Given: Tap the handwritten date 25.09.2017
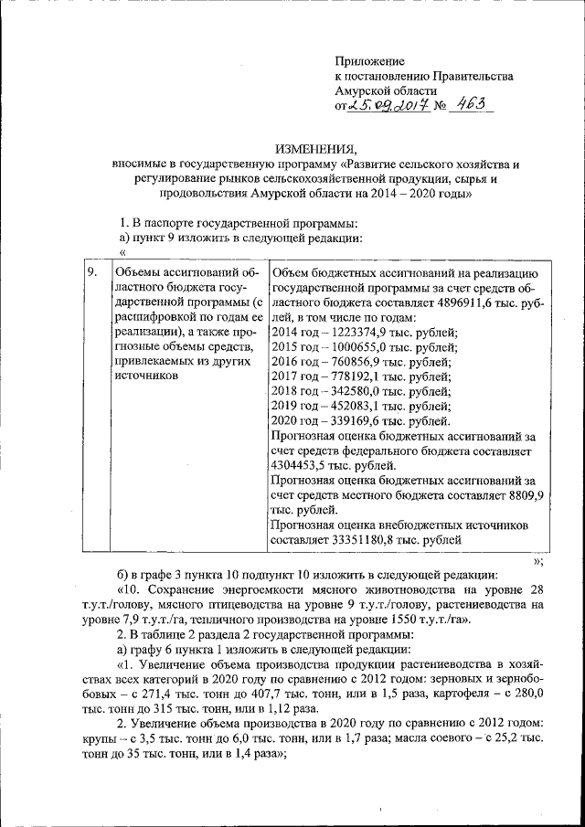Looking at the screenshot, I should (378, 107).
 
